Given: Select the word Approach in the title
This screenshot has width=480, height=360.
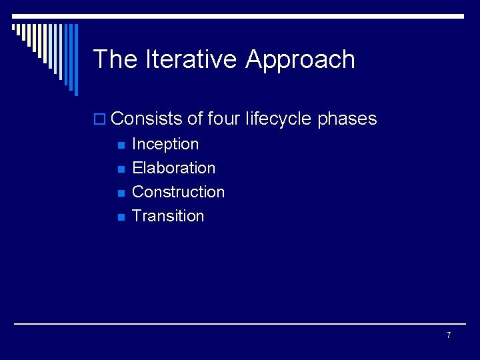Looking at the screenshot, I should point(300,59).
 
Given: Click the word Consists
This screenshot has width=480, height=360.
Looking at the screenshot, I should point(147,119).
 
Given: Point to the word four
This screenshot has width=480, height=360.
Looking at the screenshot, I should point(224,119).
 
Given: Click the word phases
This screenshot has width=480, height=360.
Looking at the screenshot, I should point(347,119).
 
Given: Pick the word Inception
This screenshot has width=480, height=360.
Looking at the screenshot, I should point(165,144).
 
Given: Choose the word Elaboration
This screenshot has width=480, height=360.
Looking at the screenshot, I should point(174,168).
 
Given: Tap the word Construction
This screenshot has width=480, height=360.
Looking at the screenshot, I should point(179,192).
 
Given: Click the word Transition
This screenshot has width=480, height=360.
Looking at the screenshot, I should point(168,216).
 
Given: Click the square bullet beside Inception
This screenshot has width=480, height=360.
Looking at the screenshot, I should point(121,145).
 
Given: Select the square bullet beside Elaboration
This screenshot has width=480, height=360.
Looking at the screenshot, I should point(121,169).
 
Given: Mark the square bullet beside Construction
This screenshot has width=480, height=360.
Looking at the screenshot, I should point(121,193).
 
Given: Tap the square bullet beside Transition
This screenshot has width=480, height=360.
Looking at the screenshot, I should point(121,217).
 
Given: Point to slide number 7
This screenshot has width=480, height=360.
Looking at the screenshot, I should point(449,335).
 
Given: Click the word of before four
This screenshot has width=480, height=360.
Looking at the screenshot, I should point(195,119).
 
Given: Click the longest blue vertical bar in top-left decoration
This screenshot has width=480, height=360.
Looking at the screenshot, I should point(75,60).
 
